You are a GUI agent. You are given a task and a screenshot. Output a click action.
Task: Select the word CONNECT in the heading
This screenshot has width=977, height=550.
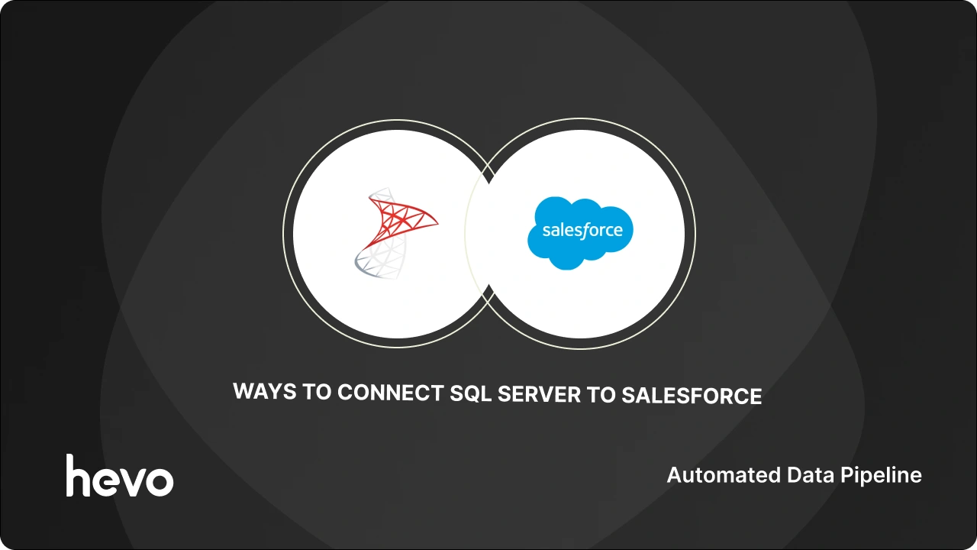coord(390,392)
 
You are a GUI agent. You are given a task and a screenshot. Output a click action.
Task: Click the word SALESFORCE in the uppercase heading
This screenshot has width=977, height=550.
coord(692,396)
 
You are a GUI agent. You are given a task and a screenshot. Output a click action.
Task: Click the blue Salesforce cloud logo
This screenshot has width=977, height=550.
coord(580,232)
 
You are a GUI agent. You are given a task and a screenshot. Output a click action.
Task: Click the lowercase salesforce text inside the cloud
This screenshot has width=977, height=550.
coord(582,230)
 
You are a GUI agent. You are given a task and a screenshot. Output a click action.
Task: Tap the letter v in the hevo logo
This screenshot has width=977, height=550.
coord(134,480)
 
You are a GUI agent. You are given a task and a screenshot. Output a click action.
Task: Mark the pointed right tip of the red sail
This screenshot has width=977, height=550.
coord(438,224)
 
